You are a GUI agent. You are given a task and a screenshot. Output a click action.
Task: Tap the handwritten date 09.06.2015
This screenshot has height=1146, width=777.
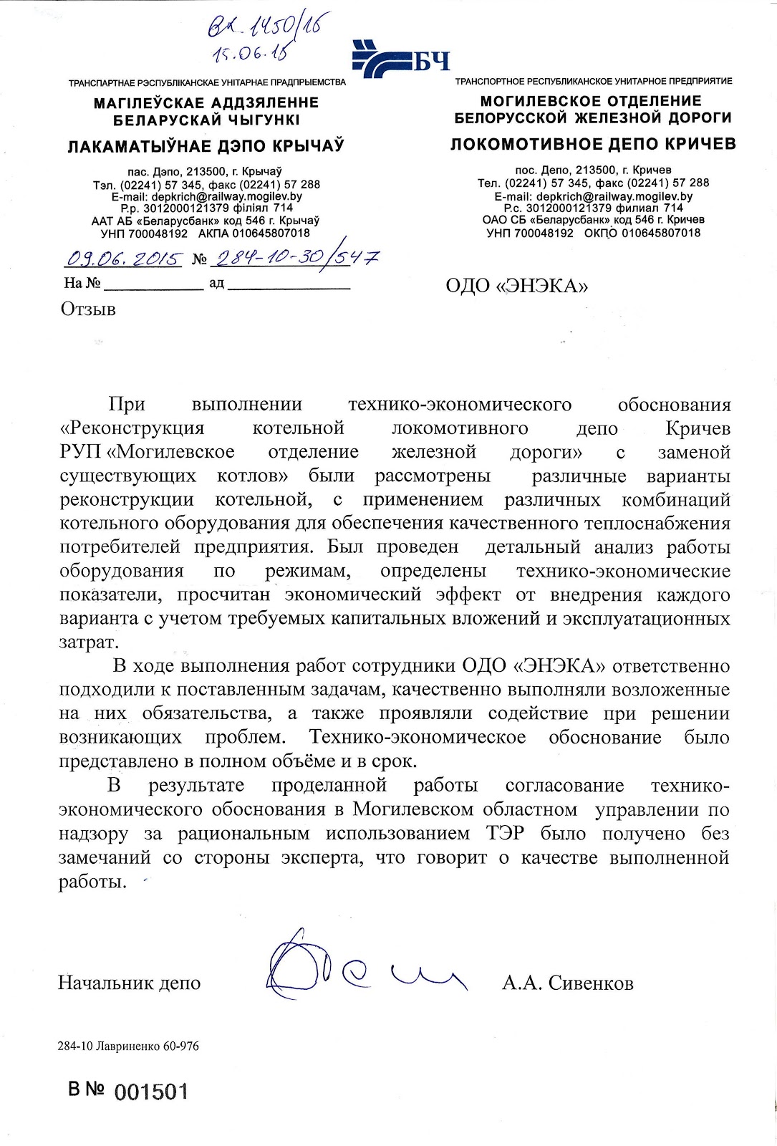pyautogui.click(x=125, y=259)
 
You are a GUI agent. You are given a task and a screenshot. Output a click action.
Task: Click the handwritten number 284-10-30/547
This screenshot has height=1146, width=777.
pyautogui.click(x=296, y=257)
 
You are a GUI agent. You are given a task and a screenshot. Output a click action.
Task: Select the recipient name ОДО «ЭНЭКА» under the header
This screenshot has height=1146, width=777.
pyautogui.click(x=516, y=286)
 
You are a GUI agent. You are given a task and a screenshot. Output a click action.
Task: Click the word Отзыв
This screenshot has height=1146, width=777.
pyautogui.click(x=88, y=309)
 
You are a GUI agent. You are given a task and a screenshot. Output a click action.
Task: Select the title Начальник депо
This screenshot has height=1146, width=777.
pyautogui.click(x=129, y=983)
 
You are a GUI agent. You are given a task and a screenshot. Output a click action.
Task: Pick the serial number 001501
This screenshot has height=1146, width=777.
pyautogui.click(x=151, y=1092)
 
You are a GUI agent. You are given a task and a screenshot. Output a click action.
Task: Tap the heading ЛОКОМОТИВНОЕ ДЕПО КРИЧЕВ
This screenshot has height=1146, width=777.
pyautogui.click(x=593, y=144)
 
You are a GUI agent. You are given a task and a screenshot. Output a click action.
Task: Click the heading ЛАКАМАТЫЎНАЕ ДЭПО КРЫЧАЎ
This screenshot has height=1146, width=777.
pyautogui.click(x=206, y=146)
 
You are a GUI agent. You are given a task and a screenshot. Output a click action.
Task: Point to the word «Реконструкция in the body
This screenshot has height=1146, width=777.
pyautogui.click(x=132, y=428)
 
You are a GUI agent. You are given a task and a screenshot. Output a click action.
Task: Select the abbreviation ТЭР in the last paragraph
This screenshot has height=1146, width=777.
pyautogui.click(x=505, y=834)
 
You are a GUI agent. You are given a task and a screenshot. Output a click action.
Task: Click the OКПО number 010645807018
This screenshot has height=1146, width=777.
pyautogui.click(x=661, y=233)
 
